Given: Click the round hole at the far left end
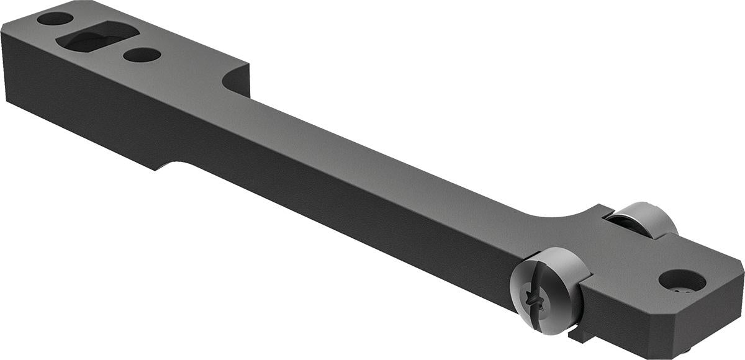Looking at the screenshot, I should click(55, 19).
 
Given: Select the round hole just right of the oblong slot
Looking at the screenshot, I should click(142, 55).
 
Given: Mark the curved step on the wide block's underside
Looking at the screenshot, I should click(166, 164).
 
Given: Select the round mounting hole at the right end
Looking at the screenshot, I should click(682, 279).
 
